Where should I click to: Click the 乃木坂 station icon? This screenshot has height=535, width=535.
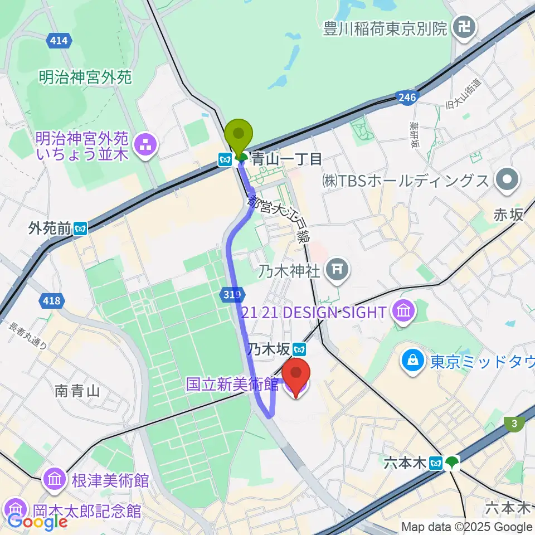coord(300,349)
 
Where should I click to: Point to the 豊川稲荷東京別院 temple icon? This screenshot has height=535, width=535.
coord(463,26)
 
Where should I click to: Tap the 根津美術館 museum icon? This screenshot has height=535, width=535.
coord(55,479)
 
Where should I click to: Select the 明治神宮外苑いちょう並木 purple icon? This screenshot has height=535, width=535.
coord(148,145)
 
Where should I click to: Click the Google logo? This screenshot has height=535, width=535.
coord(37,522)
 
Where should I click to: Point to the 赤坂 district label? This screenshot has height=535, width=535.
coord(508,214)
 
